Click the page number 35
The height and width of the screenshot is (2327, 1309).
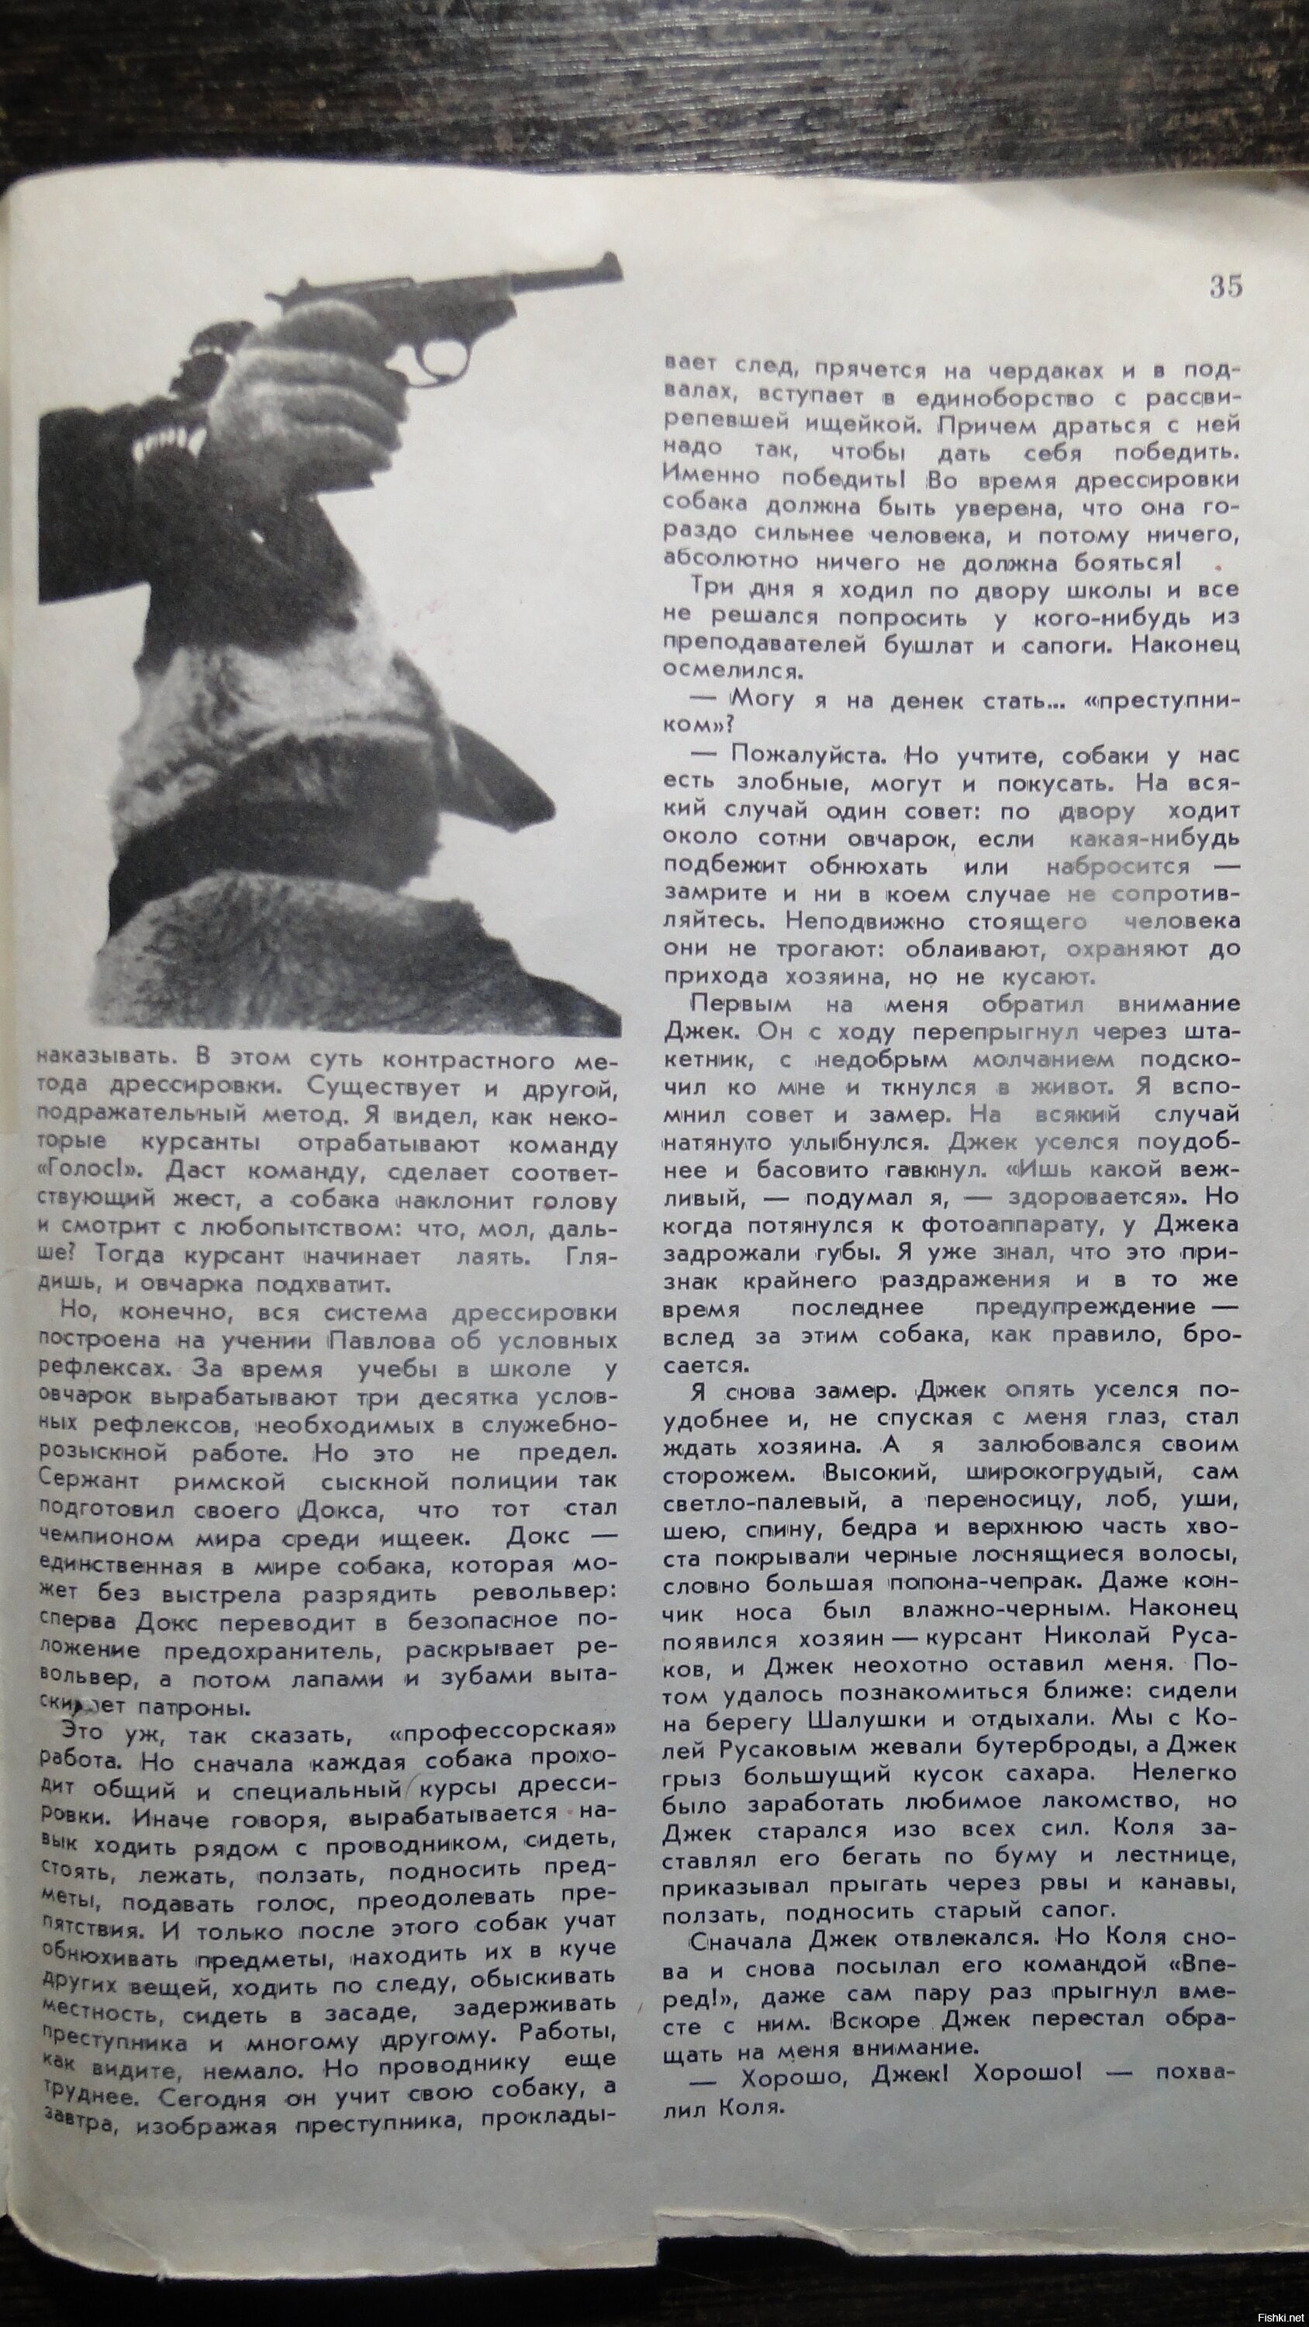pyautogui.click(x=1225, y=287)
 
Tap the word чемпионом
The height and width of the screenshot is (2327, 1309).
pyautogui.click(x=98, y=1537)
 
